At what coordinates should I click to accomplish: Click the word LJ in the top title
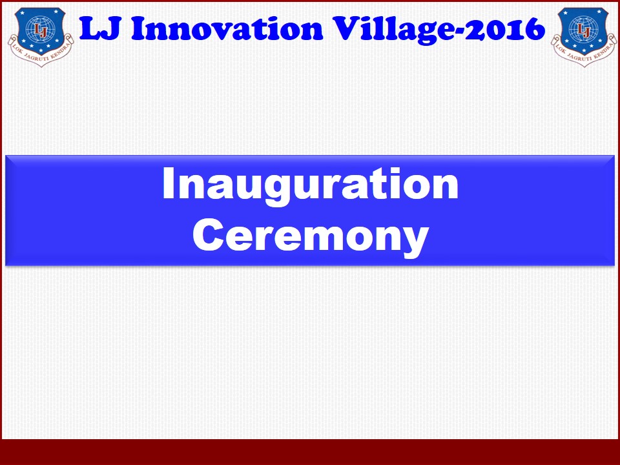pyautogui.click(x=100, y=29)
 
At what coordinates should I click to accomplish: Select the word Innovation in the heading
pyautogui.click(x=227, y=29)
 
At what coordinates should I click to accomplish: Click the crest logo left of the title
pyautogui.click(x=40, y=37)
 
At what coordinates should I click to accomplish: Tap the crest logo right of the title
pyautogui.click(x=584, y=37)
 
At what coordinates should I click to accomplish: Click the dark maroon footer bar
pyautogui.click(x=310, y=452)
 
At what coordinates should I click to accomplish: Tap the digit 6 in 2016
pyautogui.click(x=535, y=29)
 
